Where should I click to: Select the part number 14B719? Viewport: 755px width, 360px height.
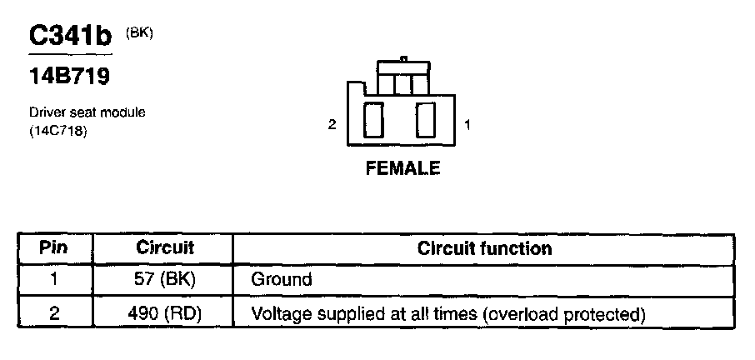click(70, 77)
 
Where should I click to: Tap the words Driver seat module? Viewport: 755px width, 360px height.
click(87, 112)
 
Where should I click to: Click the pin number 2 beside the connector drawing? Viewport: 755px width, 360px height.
click(332, 125)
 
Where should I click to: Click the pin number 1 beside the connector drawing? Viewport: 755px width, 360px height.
click(467, 125)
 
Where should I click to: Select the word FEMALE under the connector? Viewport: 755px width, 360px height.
click(402, 168)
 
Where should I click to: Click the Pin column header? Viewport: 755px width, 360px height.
click(53, 248)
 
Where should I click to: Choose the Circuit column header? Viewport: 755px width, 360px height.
click(165, 248)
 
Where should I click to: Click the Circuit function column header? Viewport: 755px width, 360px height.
click(484, 248)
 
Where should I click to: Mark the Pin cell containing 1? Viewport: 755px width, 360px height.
click(53, 280)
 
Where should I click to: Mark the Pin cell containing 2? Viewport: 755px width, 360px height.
click(53, 314)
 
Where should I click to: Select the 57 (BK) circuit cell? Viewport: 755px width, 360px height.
click(165, 280)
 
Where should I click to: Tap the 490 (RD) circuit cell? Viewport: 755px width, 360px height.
click(165, 314)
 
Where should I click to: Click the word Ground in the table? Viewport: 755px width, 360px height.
click(281, 280)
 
